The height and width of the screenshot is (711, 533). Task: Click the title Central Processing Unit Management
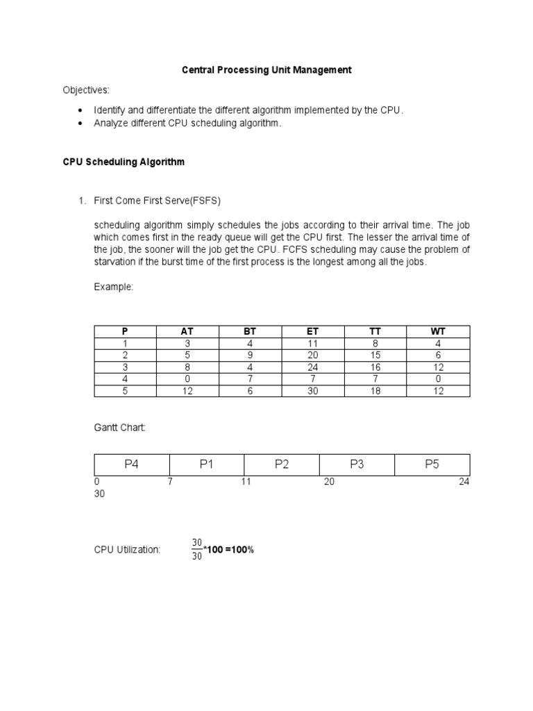(x=266, y=70)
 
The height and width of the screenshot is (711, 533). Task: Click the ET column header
(x=312, y=331)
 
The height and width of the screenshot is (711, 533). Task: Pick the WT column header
(x=438, y=331)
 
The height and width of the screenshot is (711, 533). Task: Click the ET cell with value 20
(x=312, y=355)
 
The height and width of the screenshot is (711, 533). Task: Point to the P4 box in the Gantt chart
(x=132, y=465)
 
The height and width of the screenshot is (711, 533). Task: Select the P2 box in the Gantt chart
(x=282, y=465)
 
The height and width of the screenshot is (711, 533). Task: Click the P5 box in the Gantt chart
(x=432, y=465)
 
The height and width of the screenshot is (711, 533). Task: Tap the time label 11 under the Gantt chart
(x=246, y=482)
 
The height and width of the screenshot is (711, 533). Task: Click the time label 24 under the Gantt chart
(x=464, y=482)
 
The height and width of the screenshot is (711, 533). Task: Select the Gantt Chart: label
(x=120, y=428)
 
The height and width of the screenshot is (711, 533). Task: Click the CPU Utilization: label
(x=128, y=549)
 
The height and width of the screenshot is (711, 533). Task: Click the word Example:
(x=114, y=287)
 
